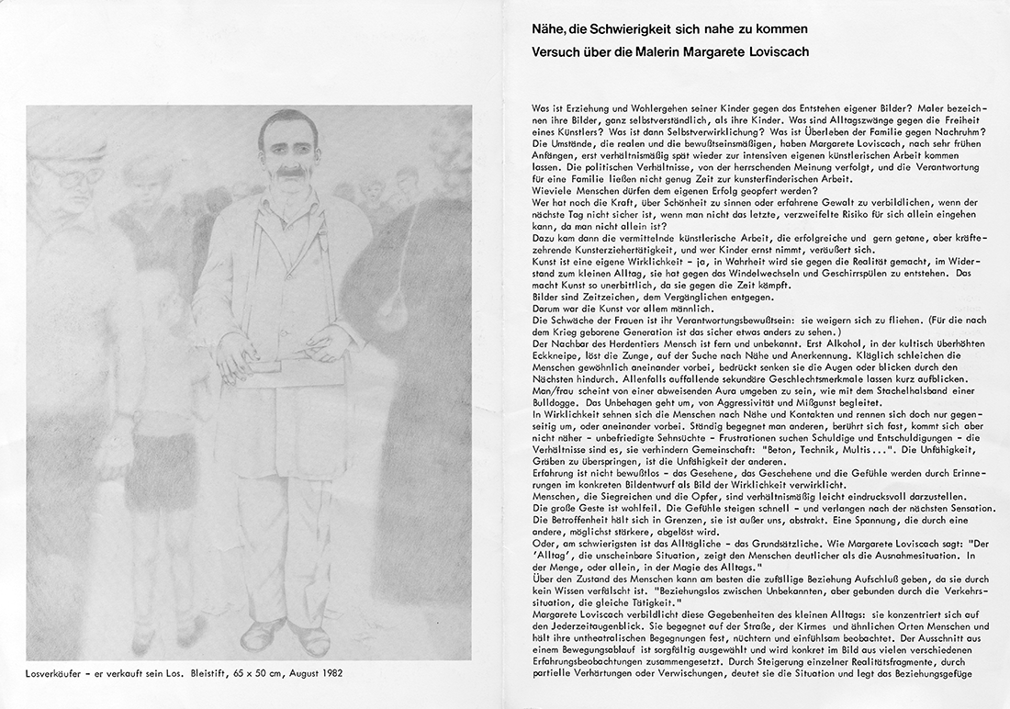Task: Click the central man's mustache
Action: [283, 171]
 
